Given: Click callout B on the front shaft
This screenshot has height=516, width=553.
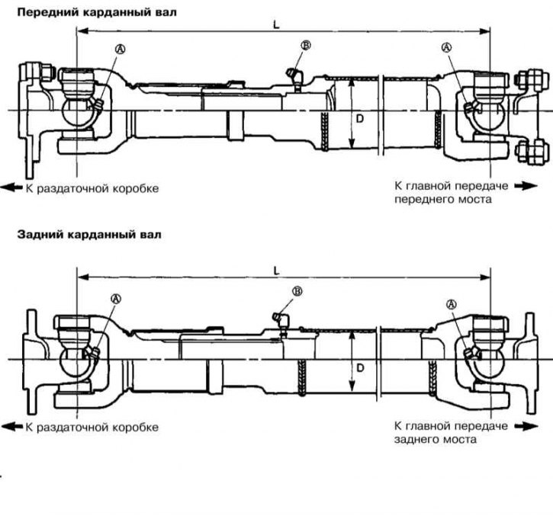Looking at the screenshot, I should pyautogui.click(x=305, y=46).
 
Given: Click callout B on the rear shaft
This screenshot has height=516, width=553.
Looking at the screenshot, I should pyautogui.click(x=297, y=291).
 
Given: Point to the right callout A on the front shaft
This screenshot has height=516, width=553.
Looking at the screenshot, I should pyautogui.click(x=446, y=47).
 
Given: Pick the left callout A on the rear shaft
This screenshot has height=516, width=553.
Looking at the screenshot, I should pyautogui.click(x=116, y=298).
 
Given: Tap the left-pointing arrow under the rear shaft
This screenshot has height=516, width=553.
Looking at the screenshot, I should pyautogui.click(x=11, y=427).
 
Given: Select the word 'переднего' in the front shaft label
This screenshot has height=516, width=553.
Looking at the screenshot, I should pyautogui.click(x=421, y=199).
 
